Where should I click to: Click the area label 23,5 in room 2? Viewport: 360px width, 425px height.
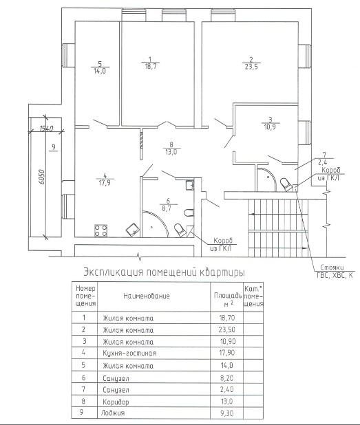(x=251, y=67)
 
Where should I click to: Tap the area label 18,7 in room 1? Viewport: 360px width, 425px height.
(x=151, y=66)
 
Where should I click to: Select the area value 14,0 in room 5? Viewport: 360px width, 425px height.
(x=100, y=72)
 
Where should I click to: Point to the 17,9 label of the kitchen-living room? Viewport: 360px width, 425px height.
(x=105, y=183)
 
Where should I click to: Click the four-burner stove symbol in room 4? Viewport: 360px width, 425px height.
(x=100, y=230)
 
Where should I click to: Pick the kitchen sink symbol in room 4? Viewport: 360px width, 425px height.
(x=133, y=230)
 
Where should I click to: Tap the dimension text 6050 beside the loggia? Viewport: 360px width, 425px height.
(x=41, y=177)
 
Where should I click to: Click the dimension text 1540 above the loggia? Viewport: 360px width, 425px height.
(x=46, y=128)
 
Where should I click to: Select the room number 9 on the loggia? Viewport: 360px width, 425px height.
(x=54, y=147)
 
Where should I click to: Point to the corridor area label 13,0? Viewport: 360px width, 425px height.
(x=171, y=152)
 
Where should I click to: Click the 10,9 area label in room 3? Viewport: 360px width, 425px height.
(x=270, y=127)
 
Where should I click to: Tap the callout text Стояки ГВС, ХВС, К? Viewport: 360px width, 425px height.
(x=335, y=272)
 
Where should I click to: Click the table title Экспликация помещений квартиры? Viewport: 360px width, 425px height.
(x=164, y=272)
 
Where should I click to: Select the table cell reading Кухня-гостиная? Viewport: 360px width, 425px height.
(x=129, y=353)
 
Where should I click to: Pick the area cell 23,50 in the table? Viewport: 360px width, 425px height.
(x=227, y=329)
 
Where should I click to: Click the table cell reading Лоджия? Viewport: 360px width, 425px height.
(x=113, y=413)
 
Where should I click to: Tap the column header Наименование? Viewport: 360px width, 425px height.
(x=147, y=296)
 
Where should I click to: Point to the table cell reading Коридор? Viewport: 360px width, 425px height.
(x=116, y=402)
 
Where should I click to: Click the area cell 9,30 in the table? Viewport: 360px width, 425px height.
(x=227, y=413)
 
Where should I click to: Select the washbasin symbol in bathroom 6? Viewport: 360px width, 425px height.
(x=189, y=185)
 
